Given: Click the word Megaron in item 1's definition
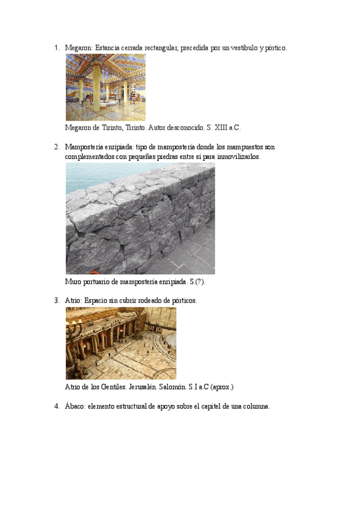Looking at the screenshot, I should pos(79,47).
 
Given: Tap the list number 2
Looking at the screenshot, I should pos(56,147).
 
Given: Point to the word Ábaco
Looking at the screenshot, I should pos(74,406).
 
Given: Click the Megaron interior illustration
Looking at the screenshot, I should pos(105,88).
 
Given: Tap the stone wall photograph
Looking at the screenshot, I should pos(140,218).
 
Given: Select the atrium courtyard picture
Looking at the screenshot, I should pos(121,343).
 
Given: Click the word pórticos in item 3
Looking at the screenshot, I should pos(183,300).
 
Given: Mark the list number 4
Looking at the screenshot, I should pos(56,406).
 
